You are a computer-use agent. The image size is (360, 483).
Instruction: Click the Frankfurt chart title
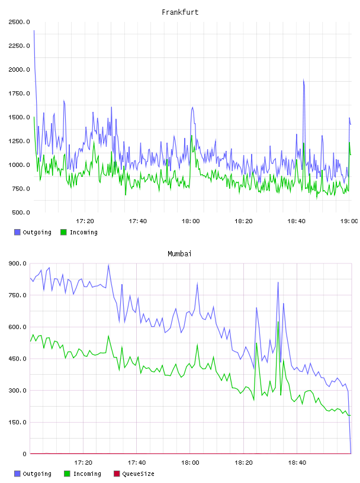click(180, 12)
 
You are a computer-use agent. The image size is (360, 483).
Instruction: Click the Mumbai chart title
click(179, 254)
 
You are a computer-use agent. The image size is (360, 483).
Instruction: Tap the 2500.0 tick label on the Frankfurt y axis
click(19, 22)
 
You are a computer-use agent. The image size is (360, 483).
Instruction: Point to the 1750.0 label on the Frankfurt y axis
click(19, 94)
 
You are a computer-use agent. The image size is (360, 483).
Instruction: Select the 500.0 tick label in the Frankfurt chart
click(21, 212)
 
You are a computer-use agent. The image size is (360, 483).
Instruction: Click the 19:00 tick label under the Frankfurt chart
click(349, 221)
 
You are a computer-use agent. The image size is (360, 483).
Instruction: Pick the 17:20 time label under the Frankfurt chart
click(85, 221)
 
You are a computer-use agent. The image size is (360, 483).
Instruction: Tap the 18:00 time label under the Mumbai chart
click(190, 463)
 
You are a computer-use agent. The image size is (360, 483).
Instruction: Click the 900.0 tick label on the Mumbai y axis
click(17, 263)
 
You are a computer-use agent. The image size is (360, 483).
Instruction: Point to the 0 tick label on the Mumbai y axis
click(24, 454)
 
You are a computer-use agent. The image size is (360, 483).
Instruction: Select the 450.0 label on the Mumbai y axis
click(17, 359)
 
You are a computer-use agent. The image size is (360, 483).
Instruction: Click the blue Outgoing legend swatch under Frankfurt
click(17, 232)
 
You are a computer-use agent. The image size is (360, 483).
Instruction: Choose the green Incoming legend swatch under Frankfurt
click(63, 232)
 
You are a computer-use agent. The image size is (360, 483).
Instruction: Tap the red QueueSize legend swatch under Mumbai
click(117, 474)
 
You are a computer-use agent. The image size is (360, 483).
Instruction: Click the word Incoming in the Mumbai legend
click(87, 474)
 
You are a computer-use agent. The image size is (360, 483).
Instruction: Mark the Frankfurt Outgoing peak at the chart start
click(34, 31)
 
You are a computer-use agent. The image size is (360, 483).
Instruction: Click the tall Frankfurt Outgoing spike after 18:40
click(304, 80)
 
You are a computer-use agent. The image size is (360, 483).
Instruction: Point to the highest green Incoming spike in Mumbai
click(278, 322)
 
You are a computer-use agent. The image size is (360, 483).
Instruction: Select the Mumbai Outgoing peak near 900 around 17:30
click(108, 265)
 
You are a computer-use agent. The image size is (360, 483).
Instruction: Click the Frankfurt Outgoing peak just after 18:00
click(192, 107)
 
